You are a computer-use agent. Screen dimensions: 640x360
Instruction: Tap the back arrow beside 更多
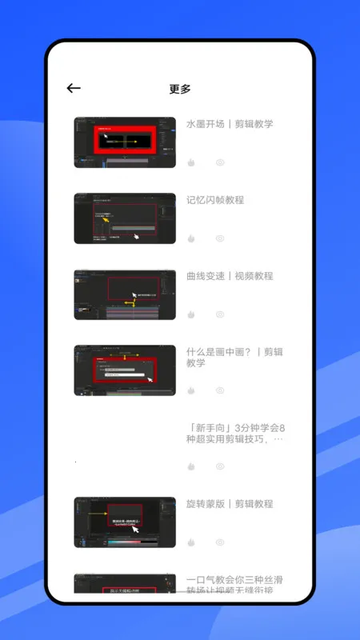[74, 89]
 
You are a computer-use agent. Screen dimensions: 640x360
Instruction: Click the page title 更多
[180, 89]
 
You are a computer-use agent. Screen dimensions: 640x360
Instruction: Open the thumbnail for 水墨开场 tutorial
[125, 142]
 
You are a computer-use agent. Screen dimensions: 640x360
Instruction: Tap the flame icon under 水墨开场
[191, 162]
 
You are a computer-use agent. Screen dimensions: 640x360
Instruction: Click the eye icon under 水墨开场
[220, 162]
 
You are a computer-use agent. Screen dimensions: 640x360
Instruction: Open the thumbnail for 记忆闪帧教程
[125, 218]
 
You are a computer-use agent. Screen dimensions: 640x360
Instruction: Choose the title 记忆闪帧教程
[215, 200]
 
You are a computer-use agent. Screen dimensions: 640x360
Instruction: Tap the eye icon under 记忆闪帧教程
[220, 238]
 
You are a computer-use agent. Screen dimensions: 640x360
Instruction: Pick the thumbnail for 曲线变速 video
[125, 294]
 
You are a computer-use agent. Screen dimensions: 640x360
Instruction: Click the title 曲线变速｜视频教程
[230, 276]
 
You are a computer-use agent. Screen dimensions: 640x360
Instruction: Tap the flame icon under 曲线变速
[191, 314]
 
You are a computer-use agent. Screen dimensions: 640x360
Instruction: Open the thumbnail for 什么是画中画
[125, 370]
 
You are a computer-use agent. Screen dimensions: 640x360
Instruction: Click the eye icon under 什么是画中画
[220, 390]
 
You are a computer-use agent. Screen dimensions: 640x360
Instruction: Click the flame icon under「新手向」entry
[191, 466]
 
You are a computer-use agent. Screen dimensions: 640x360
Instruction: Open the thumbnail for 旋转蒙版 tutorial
[125, 522]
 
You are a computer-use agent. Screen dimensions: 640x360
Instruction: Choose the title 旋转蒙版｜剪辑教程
[230, 504]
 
